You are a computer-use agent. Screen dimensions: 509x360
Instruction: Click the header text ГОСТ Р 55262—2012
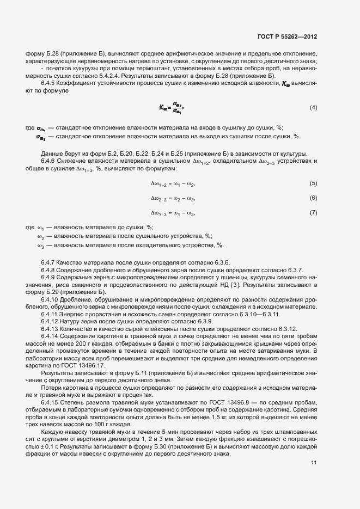pyautogui.click(x=287, y=36)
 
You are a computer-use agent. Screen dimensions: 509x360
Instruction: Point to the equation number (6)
pyautogui.click(x=313, y=198)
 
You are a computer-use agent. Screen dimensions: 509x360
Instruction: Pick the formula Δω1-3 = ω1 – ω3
pyautogui.click(x=173, y=213)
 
